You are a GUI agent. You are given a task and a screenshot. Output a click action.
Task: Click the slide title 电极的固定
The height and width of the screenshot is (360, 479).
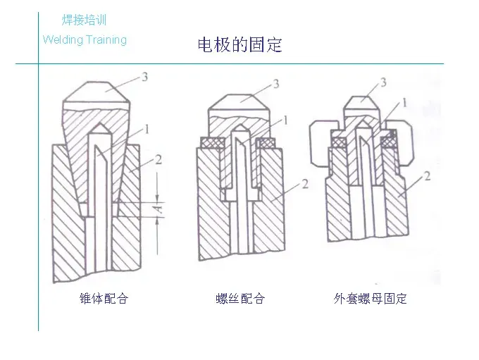point(240,45)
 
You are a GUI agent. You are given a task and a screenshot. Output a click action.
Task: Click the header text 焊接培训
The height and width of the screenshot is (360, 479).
point(84,20)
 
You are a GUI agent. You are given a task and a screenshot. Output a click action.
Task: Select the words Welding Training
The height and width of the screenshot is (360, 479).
point(85,39)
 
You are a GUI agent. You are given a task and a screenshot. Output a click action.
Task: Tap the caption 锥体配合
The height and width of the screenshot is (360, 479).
point(104,299)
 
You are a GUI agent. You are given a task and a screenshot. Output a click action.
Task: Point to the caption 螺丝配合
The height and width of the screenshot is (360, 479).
point(240,299)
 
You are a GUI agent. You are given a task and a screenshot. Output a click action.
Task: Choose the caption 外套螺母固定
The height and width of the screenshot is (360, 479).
point(371,299)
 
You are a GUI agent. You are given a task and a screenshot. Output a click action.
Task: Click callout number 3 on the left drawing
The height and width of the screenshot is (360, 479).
point(144,77)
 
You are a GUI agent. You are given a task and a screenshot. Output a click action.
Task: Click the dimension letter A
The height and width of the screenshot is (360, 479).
point(162,208)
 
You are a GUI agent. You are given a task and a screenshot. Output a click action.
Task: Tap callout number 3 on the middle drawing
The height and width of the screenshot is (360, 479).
point(275,84)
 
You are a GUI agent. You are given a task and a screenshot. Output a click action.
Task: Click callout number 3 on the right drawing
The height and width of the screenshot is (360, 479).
point(383,83)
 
